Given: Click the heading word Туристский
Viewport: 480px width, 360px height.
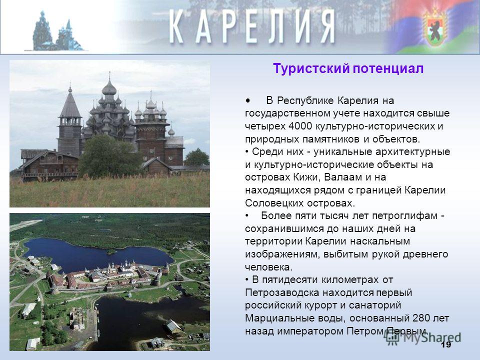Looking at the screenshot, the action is [311, 68].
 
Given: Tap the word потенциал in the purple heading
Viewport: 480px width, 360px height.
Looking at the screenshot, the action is [388, 68].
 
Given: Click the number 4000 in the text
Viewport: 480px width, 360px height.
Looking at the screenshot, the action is [300, 126].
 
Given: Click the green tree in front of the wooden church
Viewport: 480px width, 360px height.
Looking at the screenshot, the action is [108, 156].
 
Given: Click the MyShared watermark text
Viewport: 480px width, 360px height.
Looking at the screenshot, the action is [423, 337].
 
